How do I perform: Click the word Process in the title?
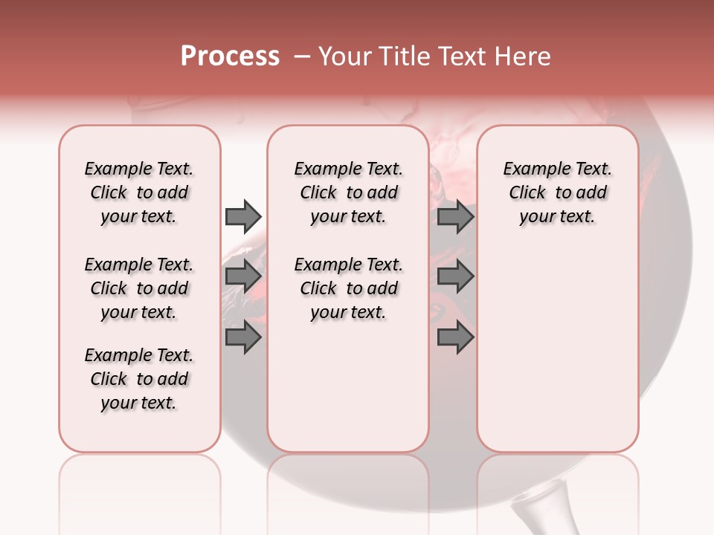point(230,56)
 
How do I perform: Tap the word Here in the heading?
point(523,56)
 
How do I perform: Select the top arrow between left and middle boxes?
point(243,216)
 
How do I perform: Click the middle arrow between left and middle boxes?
point(243,276)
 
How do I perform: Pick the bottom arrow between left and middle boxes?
point(243,337)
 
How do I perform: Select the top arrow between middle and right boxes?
point(455,216)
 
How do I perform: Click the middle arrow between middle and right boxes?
point(455,276)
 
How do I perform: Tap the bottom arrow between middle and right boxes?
point(455,337)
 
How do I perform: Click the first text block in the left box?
point(139,192)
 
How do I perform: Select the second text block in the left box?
point(139,288)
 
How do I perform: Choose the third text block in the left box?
point(139,379)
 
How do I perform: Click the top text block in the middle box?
point(348,192)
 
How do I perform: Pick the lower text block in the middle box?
point(348,288)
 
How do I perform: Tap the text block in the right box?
point(558,192)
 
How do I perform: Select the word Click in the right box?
point(527,193)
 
